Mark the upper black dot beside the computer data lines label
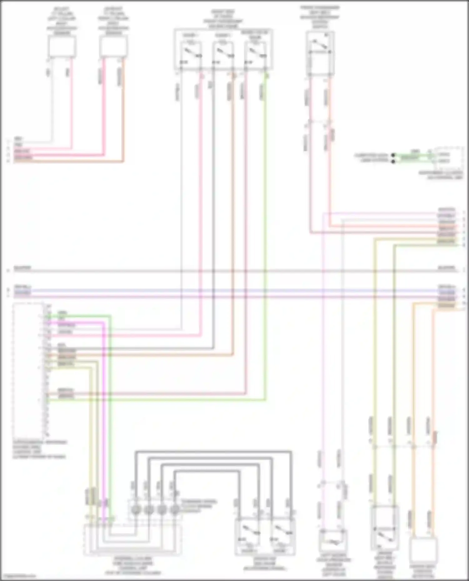(x=393, y=155)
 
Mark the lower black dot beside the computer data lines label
(x=393, y=161)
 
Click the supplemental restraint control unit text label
(x=39, y=450)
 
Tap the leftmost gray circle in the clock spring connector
(x=135, y=510)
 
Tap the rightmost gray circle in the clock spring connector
(x=175, y=510)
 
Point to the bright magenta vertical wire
(x=103, y=406)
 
